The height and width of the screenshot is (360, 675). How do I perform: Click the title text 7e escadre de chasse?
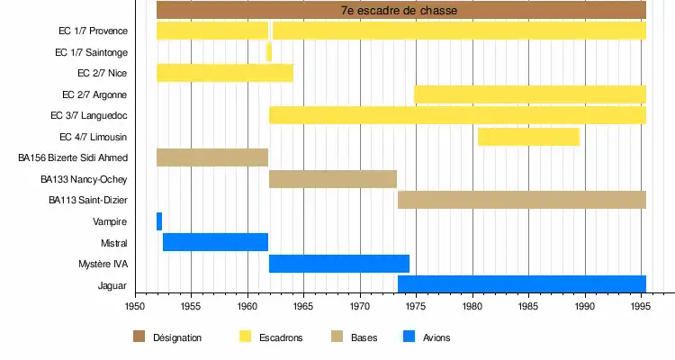point(399,11)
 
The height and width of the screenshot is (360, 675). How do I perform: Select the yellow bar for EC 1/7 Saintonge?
point(269,52)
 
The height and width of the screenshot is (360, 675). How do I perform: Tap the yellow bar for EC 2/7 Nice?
point(225,73)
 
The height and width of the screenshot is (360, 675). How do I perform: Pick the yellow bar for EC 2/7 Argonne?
point(529,94)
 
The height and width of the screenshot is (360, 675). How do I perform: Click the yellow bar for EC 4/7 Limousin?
point(528,137)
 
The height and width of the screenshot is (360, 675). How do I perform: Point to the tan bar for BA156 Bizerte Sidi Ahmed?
point(212,157)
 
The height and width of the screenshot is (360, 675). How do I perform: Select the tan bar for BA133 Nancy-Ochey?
point(333,178)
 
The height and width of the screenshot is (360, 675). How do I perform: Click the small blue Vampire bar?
point(159,221)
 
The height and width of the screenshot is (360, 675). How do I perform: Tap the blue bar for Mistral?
point(215,242)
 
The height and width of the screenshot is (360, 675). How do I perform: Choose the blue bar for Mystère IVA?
point(339,264)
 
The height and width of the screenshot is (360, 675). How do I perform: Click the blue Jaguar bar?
point(521,284)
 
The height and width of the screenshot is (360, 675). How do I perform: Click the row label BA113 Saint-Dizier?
point(88,200)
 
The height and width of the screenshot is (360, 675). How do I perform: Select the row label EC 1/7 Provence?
point(91,31)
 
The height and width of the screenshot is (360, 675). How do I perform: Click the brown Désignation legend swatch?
point(139,337)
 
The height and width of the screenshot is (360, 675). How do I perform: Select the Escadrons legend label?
point(281,337)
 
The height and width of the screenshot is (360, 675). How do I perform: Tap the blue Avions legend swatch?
point(409,337)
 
